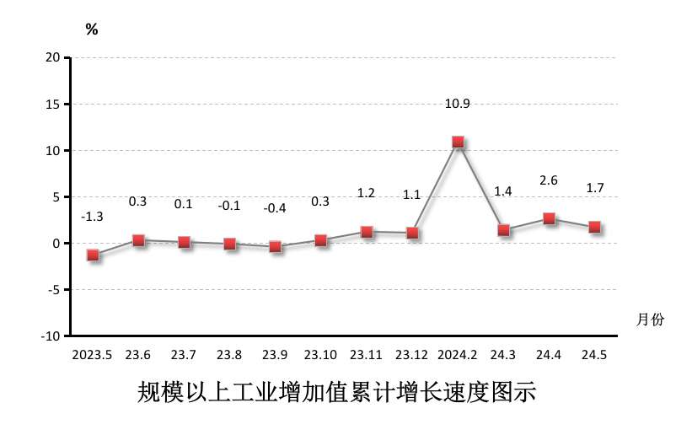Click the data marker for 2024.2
click(x=458, y=142)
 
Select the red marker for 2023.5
click(x=93, y=255)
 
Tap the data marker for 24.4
click(x=549, y=219)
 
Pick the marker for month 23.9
click(x=275, y=247)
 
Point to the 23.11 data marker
click(x=367, y=232)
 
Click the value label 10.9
click(x=458, y=104)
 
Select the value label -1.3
click(x=92, y=217)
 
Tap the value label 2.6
click(x=549, y=180)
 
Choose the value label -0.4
click(x=275, y=208)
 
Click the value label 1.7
click(x=594, y=188)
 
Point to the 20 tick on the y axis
click(x=54, y=57)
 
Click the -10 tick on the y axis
click(x=51, y=336)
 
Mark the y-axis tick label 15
click(x=54, y=105)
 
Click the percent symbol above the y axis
click(x=92, y=30)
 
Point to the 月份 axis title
click(x=650, y=320)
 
